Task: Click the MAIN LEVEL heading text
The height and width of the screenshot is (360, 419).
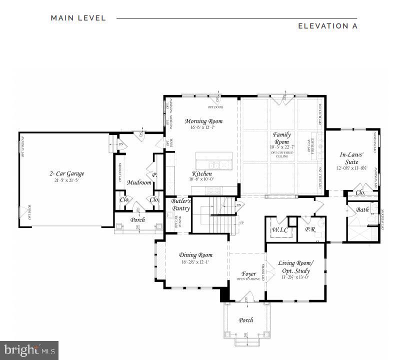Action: click(78, 18)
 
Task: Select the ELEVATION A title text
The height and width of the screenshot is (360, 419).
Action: click(327, 26)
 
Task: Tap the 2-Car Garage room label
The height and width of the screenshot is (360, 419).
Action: click(66, 173)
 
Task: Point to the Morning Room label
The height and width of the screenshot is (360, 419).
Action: click(203, 121)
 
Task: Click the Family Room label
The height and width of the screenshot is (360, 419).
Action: click(281, 138)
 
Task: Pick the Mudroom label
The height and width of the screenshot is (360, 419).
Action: click(139, 182)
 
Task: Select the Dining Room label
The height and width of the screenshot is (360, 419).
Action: click(196, 255)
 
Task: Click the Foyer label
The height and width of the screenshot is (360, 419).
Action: click(248, 273)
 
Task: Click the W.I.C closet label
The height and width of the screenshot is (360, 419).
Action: click(279, 230)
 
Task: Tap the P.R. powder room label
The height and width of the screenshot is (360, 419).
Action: click(309, 230)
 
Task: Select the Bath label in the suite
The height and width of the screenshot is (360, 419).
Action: click(362, 210)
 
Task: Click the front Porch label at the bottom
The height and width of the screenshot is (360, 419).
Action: click(245, 320)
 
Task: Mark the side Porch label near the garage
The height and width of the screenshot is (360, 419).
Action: click(137, 219)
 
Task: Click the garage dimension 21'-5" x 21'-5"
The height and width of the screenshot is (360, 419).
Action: click(66, 180)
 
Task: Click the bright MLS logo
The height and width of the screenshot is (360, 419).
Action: click(29, 349)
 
